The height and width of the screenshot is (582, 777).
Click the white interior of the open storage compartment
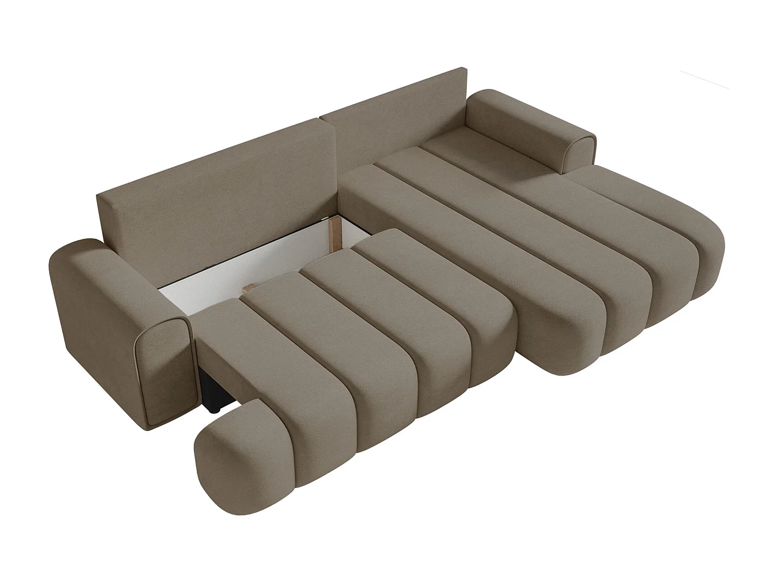point(249,264)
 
